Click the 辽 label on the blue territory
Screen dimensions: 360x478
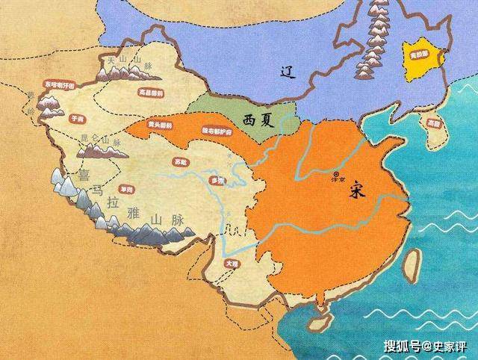click(282, 72)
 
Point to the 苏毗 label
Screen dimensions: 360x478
click(179, 162)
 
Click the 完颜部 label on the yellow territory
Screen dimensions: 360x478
click(419, 54)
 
